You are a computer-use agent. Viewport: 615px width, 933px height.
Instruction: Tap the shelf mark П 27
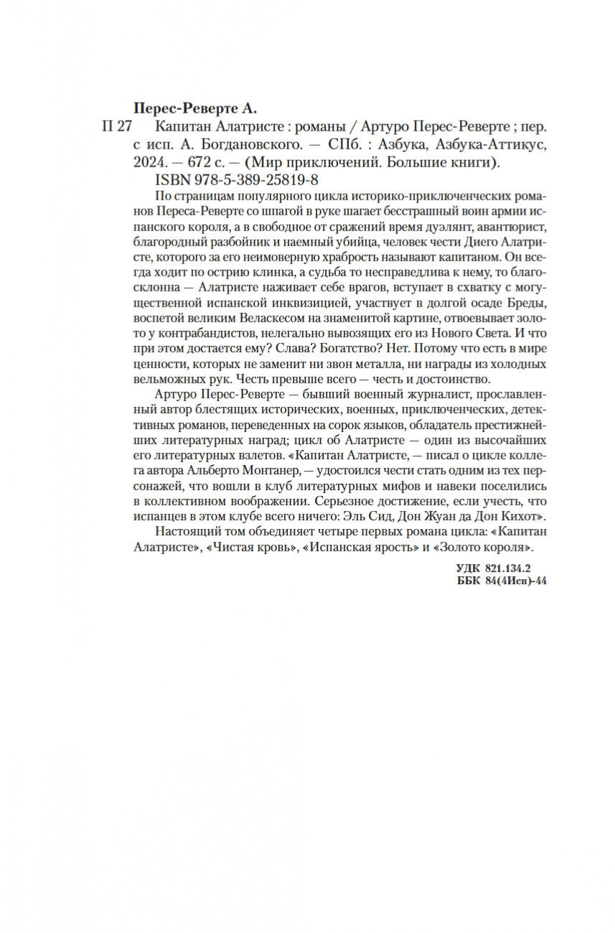tap(118, 127)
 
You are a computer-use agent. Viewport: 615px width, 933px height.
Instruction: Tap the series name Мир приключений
tap(320, 164)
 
